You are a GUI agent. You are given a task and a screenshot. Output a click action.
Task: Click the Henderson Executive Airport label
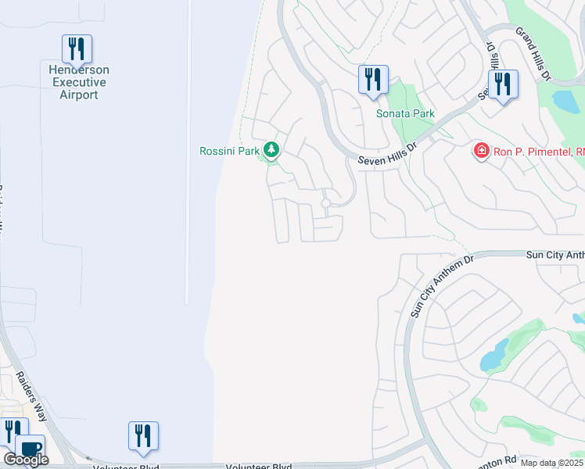[x=79, y=82]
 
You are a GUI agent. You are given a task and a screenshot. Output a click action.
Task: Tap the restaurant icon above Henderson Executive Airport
[x=77, y=49]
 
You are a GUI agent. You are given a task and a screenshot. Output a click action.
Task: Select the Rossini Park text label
[x=228, y=151]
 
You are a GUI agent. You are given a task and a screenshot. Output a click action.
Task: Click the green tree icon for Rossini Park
[x=271, y=149]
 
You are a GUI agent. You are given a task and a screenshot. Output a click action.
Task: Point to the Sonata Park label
[x=405, y=113]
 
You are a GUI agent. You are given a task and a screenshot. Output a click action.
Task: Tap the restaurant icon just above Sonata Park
[x=373, y=80]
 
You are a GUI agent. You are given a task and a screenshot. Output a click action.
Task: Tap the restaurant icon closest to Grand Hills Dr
[x=502, y=84]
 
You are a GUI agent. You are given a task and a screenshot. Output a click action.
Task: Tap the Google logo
[x=26, y=460]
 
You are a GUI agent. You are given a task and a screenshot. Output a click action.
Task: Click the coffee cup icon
[x=31, y=449]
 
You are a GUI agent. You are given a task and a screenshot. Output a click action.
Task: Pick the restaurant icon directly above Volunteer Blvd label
[x=143, y=435]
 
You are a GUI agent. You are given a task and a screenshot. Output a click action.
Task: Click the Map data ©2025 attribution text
[x=552, y=463]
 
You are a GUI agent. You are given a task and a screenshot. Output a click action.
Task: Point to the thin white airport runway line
[x=187, y=156]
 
